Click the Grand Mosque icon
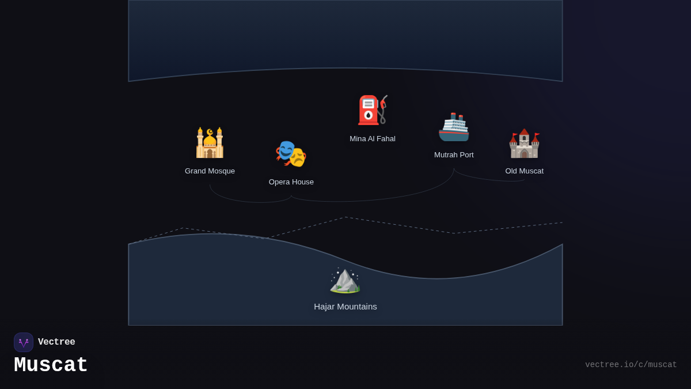tap(210, 143)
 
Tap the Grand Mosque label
tap(210, 171)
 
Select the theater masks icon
tap(291, 154)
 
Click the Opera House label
tap(291, 182)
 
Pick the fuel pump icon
tap(372, 110)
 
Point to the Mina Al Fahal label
tap(373, 139)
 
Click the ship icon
tap(454, 127)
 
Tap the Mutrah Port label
tap(454, 155)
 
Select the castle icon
tap(524, 143)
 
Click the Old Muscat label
tap(524, 171)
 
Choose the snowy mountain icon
tap(345, 280)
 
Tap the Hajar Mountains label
tap(345, 307)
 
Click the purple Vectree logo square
tap(24, 342)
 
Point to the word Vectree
tap(56, 342)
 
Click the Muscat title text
tap(51, 365)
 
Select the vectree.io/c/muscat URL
tap(631, 365)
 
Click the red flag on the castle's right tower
tap(537, 135)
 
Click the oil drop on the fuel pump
tap(368, 115)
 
